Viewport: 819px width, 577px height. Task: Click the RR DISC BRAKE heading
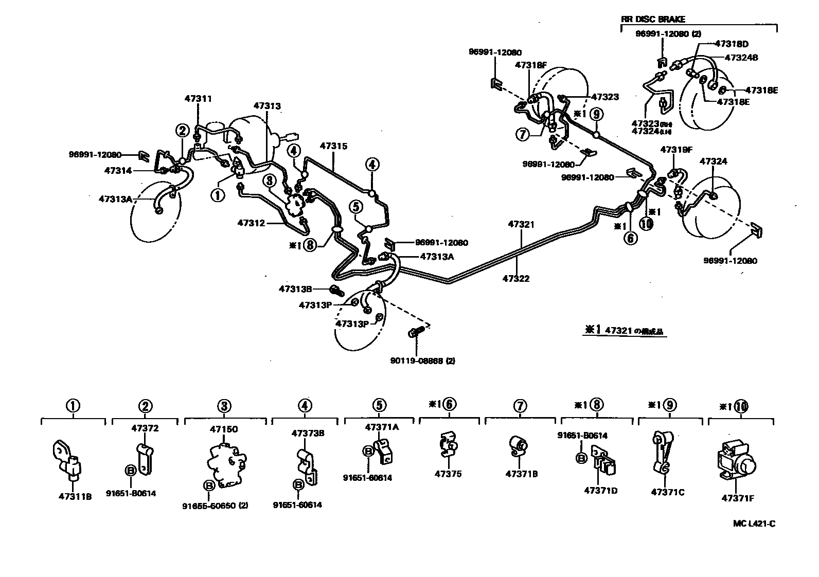653,20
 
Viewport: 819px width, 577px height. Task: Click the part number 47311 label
198,98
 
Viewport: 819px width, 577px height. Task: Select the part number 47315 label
333,146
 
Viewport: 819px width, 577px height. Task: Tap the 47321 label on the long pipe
521,224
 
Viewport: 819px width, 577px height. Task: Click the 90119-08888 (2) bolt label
422,360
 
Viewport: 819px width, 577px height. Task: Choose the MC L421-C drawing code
754,524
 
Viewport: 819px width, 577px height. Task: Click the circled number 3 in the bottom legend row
223,406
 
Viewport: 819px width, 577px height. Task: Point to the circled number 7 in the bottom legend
520,406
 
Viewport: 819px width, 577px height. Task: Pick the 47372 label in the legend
145,428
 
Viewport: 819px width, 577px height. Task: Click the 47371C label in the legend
667,492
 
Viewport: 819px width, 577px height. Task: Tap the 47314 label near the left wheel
118,170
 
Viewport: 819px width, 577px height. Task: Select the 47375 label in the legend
448,474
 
